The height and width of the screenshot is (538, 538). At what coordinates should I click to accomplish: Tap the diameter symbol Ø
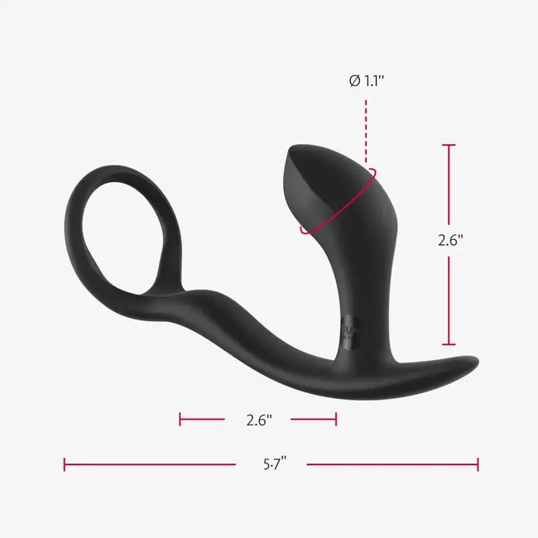[354, 81]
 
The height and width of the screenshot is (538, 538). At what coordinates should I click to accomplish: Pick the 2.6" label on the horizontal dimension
[259, 420]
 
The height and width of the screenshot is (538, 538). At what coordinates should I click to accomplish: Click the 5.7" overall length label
[271, 464]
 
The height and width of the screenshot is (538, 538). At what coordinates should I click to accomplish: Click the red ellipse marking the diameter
[339, 206]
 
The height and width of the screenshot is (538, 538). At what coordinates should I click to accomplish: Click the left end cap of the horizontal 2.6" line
[180, 420]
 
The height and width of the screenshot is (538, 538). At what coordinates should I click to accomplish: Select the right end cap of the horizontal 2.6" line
[335, 420]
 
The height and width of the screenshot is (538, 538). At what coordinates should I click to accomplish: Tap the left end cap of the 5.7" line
[65, 464]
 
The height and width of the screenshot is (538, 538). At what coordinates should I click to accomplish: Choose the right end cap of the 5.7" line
[478, 464]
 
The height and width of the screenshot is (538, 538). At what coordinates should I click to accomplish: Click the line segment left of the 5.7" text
[149, 464]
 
